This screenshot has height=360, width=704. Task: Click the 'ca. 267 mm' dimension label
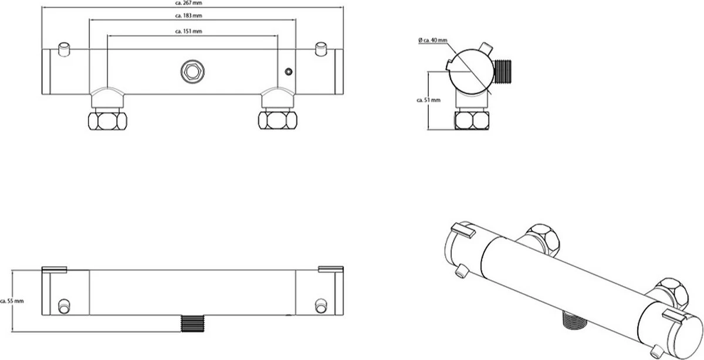pos(193,3)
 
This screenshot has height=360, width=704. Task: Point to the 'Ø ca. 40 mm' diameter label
pos(433,40)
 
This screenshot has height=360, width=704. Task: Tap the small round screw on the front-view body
pos(287,72)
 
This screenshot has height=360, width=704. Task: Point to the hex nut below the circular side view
pos(472,120)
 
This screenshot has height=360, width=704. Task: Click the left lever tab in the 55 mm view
pos(55,270)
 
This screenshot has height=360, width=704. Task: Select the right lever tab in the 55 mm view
pos(329,270)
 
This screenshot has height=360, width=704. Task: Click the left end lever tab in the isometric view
pos(462,232)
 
